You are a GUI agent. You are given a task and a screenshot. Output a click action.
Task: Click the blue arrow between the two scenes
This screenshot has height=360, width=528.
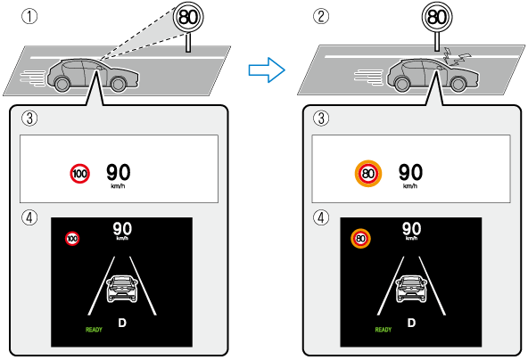pos(267,70)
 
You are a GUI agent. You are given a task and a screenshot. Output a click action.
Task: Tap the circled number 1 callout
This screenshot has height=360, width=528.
pos(29,16)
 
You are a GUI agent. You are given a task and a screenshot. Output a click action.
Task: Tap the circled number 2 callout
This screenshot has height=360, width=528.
pos(321,16)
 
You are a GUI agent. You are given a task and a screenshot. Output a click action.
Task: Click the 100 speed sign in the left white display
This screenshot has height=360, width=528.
pos(79,174)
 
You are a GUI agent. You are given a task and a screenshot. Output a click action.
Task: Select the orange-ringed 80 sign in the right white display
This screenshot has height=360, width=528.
pos(368,174)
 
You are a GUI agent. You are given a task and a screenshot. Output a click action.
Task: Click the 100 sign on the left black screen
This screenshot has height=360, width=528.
pos(72,239)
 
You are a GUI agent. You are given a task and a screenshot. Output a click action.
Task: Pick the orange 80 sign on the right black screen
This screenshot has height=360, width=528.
pos(360,239)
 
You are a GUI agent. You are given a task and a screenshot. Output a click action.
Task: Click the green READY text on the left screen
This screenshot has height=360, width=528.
pos(94,330)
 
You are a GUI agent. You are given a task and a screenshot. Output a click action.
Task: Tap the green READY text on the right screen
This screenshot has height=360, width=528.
pos(384,330)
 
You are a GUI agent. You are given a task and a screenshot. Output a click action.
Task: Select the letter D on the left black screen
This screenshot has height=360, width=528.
pos(122,323)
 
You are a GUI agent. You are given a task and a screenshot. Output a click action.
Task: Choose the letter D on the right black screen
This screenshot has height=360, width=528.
pos(411,323)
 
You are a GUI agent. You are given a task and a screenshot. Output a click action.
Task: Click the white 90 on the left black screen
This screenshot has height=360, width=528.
pos(122,229)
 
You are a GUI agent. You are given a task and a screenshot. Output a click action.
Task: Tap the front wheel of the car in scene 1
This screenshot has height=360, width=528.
pos(118,84)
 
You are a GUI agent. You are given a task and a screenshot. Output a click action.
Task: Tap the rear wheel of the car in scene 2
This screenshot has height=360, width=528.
pos(402,84)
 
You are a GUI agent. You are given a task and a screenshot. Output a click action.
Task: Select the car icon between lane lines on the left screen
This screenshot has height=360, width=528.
pos(122,289)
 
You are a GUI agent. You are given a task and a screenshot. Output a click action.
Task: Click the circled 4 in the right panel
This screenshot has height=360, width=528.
pos(321,217)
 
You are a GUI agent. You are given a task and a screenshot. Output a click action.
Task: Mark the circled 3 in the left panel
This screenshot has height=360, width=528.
pos(29,119)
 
